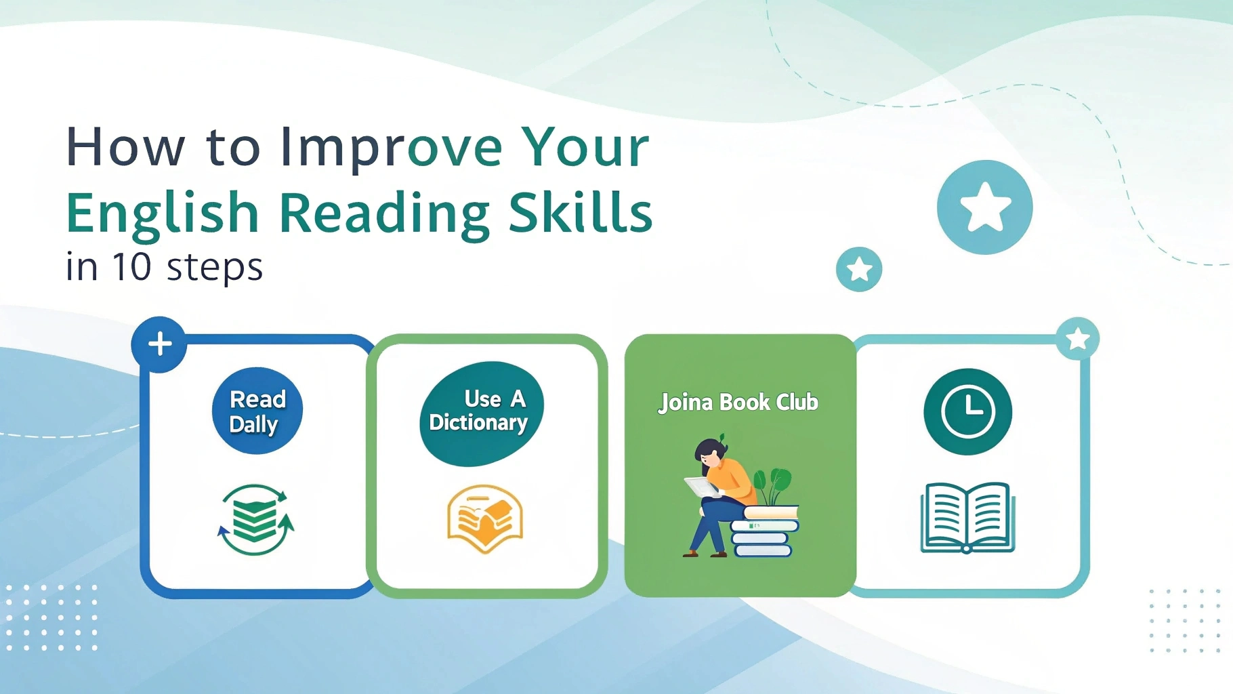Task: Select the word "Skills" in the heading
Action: tap(581, 212)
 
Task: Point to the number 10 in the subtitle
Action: tap(131, 266)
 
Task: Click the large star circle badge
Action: tap(984, 207)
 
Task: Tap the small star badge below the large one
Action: tap(859, 269)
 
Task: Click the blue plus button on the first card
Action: tap(160, 344)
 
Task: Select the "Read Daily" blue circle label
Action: tap(257, 411)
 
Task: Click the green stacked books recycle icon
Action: tap(255, 520)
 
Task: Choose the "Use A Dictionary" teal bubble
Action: tap(482, 413)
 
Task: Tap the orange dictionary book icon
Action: tap(485, 518)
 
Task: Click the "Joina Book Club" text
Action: tap(738, 403)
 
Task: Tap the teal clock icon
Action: tap(968, 412)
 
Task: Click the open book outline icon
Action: tap(967, 518)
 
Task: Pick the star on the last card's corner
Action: tap(1077, 339)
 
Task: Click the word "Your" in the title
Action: tap(585, 148)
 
